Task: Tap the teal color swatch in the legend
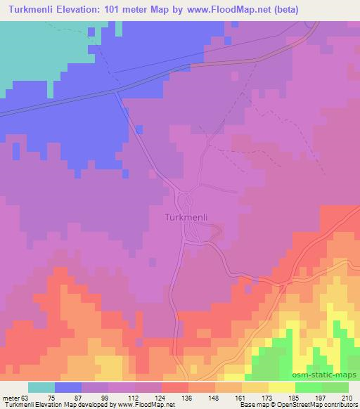(41, 387)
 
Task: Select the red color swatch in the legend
(174, 387)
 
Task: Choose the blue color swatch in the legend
(68, 387)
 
